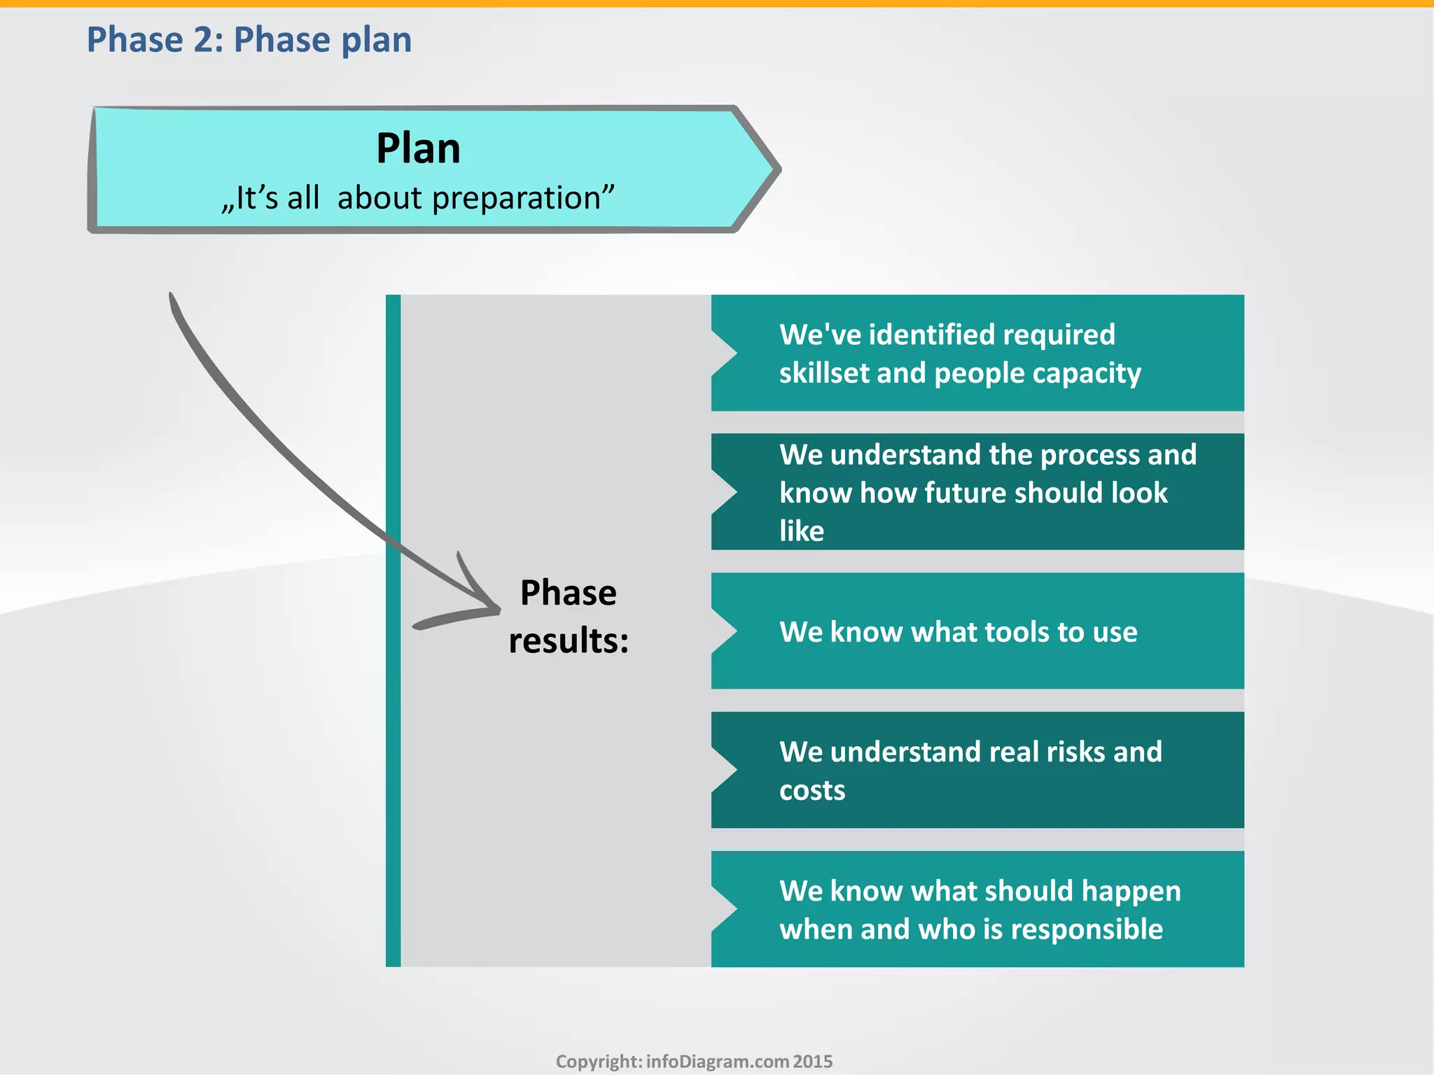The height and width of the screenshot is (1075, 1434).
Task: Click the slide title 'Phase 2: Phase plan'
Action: click(x=249, y=40)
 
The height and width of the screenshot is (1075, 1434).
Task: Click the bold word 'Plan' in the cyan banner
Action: click(x=418, y=148)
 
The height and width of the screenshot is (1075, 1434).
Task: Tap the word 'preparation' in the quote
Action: click(x=522, y=198)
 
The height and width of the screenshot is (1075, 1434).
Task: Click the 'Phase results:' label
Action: click(x=569, y=617)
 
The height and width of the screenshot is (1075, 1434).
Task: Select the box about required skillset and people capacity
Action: click(x=977, y=353)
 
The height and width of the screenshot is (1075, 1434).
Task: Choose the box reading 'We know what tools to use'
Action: click(x=977, y=631)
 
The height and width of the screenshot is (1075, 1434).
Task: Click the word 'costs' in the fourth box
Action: click(x=812, y=790)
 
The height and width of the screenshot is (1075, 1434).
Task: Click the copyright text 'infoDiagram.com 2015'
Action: click(x=739, y=1062)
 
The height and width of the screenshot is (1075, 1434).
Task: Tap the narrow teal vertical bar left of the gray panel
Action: click(x=394, y=630)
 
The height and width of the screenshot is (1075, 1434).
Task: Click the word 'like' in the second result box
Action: click(x=802, y=531)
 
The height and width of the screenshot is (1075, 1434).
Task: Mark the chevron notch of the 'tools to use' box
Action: click(x=725, y=631)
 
